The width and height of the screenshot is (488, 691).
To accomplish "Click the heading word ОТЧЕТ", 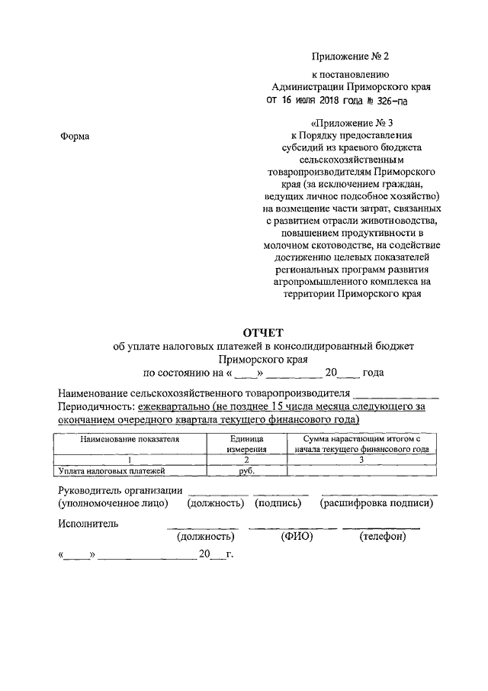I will coord(263,331).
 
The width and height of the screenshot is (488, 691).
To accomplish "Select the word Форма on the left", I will coord(73,136).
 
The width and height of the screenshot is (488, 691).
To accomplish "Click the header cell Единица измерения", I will coord(246,444).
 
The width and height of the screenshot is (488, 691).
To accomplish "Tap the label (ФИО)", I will coord(294,537).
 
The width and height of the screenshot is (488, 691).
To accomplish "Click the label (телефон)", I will coord(382,537).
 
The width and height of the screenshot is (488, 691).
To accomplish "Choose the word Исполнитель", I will coord(88,523).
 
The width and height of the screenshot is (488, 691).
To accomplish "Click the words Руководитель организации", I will coord(120,490).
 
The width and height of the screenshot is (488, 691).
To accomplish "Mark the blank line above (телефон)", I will coord(380,528).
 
